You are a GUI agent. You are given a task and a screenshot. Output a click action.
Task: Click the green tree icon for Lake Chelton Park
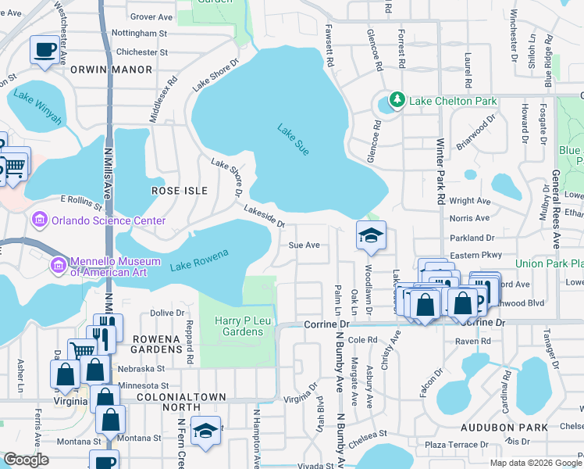(x=397, y=100)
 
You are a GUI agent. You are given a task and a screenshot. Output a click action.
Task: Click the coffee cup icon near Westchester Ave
(x=43, y=50)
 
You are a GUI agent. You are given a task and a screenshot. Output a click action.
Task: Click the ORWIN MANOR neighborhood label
(x=122, y=70)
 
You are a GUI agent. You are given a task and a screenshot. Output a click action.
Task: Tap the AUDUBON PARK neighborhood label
(x=529, y=428)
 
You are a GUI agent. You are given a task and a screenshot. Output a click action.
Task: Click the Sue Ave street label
(x=304, y=245)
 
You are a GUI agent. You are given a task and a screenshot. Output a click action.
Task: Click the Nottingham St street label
(x=140, y=34)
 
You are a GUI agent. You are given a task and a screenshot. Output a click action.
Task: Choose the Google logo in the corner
(x=27, y=460)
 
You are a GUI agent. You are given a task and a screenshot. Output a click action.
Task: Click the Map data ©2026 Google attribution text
(x=535, y=463)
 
